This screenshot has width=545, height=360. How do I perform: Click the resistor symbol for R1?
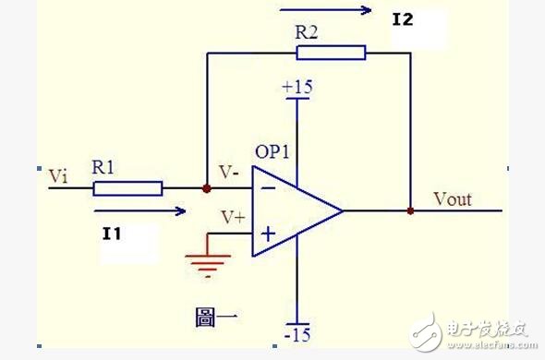coord(128,188)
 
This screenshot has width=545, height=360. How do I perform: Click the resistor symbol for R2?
coord(331,53)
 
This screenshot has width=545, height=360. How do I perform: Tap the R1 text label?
coord(103,169)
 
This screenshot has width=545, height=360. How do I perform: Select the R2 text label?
coord(308,31)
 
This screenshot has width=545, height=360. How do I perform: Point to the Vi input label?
coord(57,175)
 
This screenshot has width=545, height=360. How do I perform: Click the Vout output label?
coord(452,199)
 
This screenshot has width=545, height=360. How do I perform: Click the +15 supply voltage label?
coord(297,87)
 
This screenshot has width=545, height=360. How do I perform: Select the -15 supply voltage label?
coord(297,334)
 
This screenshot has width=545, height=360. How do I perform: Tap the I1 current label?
coord(113,235)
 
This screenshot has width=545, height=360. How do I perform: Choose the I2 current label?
coord(403,18)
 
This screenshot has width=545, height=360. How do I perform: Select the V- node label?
coord(230,172)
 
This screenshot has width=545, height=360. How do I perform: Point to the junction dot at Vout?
coord(409,210)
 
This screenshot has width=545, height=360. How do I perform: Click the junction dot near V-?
coord(206,188)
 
